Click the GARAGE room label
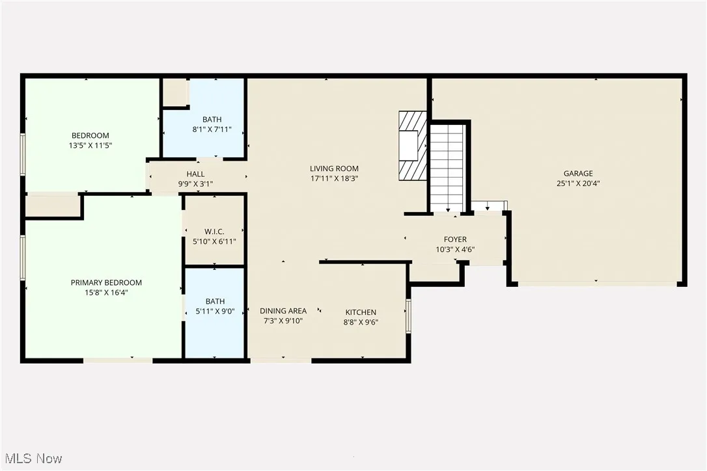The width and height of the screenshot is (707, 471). pyautogui.click(x=578, y=173)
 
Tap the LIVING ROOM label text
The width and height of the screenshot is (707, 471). pyautogui.click(x=335, y=168)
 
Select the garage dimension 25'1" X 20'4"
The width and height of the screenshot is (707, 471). pyautogui.click(x=578, y=183)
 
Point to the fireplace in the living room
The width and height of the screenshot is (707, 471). pyautogui.click(x=413, y=146)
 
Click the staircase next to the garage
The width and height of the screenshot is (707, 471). pyautogui.click(x=447, y=168)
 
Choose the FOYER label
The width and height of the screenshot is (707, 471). pyautogui.click(x=455, y=239)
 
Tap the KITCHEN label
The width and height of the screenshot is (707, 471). pyautogui.click(x=361, y=312)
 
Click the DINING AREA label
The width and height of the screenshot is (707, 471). pyautogui.click(x=283, y=311)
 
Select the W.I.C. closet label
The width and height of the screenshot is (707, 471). pyautogui.click(x=214, y=232)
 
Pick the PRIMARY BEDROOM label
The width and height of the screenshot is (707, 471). pyautogui.click(x=106, y=282)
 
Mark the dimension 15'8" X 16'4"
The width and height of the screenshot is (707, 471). pyautogui.click(x=106, y=293)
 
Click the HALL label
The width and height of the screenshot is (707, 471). pyautogui.click(x=195, y=174)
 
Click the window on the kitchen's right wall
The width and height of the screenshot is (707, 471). pyautogui.click(x=409, y=316)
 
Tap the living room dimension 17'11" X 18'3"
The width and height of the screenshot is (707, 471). pyautogui.click(x=335, y=178)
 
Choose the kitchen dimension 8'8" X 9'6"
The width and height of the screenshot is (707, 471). pyautogui.click(x=361, y=322)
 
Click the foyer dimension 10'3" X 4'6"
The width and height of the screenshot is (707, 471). pyautogui.click(x=455, y=249)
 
